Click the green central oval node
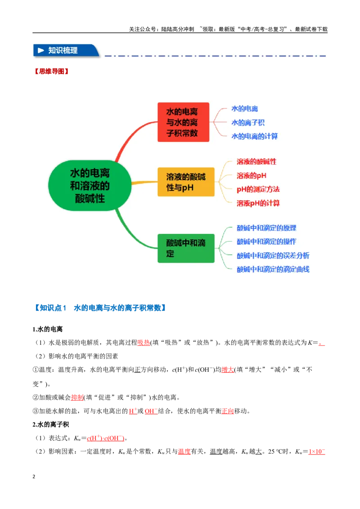[90, 185]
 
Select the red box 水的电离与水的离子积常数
[183, 122]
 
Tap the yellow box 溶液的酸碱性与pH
[186, 182]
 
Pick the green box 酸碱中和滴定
[186, 248]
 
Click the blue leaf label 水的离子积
[247, 122]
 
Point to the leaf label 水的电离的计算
[254, 136]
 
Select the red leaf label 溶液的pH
[251, 176]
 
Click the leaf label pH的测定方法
[258, 189]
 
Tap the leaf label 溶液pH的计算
[258, 203]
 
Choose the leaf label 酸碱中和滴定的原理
[266, 228]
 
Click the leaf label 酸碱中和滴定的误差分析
[273, 255]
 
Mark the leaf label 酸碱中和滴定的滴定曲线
[273, 269]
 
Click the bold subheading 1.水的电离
[47, 329]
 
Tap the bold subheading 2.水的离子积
[51, 424]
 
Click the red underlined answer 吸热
[144, 343]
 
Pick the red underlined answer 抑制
[77, 397]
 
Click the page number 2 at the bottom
[34, 477]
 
